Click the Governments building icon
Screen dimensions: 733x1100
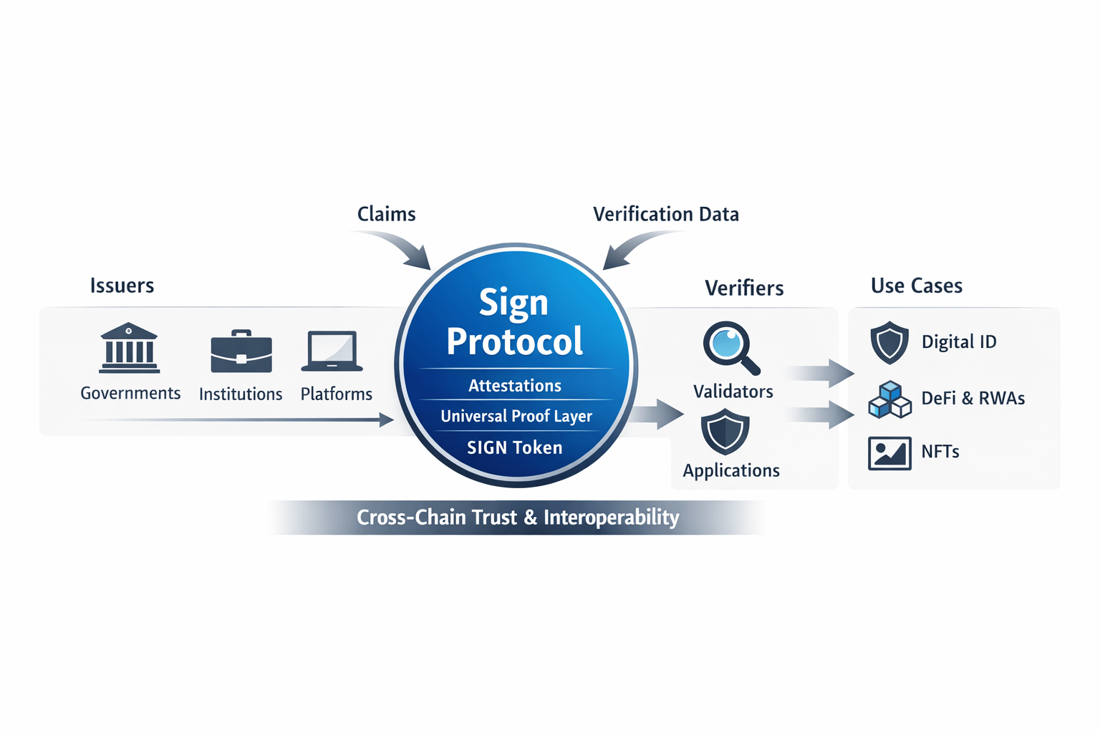pos(130,348)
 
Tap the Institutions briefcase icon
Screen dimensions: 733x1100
pos(241,352)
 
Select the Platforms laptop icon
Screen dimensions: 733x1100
pos(332,351)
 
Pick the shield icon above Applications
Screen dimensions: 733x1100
pos(725,432)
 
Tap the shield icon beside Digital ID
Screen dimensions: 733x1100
pos(889,342)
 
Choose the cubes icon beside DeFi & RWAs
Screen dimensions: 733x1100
pos(889,399)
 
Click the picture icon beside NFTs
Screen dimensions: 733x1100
pos(889,453)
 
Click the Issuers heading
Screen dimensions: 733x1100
pos(122,286)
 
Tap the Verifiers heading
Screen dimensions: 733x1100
pos(744,288)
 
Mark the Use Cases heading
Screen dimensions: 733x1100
pos(917,286)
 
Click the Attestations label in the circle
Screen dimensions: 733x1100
pos(515,386)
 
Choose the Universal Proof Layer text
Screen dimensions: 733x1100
pos(516,416)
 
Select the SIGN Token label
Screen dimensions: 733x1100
pos(515,448)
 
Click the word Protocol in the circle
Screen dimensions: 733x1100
pos(515,341)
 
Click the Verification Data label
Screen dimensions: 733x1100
pos(666,214)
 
